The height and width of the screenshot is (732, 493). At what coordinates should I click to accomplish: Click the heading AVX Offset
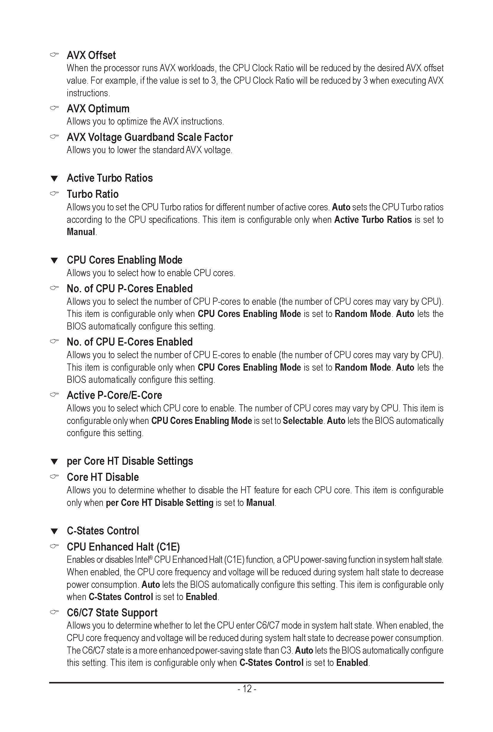coord(91,55)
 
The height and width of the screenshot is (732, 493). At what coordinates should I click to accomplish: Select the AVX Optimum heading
coord(98,109)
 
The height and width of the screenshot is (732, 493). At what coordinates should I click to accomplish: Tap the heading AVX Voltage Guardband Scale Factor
coord(150,137)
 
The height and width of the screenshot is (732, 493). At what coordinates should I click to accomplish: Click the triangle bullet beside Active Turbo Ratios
coord(54,178)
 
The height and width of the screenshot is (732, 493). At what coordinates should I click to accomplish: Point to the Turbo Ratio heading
coord(92,194)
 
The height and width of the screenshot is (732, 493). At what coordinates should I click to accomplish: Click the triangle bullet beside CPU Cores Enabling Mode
coord(54,261)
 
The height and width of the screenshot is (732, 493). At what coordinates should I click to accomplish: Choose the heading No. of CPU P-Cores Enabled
coord(130,288)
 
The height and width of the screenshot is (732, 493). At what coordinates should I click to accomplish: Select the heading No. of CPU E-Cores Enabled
coord(130,342)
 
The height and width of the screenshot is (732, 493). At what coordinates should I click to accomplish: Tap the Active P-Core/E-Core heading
coord(114,395)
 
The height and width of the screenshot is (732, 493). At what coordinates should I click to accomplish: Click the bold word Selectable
coord(303,421)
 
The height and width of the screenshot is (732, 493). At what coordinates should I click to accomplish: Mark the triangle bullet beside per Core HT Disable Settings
coord(54,462)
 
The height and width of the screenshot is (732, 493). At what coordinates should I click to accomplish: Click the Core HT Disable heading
coord(103,477)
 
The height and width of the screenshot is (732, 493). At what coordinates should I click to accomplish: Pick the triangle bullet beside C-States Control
coord(54,531)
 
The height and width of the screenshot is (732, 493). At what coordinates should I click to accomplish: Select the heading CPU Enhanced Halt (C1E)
coord(123,547)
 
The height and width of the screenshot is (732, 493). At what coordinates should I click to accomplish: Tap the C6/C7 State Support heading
coord(112,613)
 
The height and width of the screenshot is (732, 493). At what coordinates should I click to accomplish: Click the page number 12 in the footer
coord(247,689)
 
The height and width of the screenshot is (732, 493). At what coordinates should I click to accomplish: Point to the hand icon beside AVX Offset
coord(54,55)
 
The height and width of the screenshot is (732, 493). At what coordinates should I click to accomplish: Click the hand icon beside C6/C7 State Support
coord(54,612)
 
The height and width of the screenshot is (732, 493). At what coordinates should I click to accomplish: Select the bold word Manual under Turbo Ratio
coord(81,232)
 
